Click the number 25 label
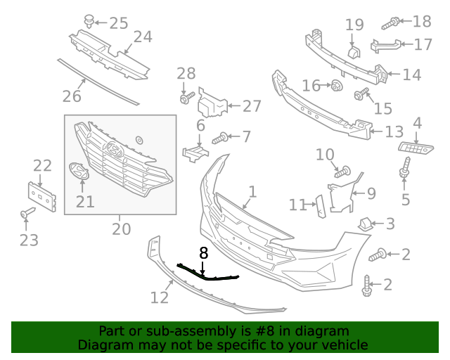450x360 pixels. [118, 23]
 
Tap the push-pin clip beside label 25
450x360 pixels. [89, 21]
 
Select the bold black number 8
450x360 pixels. [204, 253]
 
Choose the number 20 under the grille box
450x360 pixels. [121, 229]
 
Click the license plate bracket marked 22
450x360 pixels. [41, 196]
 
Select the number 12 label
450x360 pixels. [160, 297]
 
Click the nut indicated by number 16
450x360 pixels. [336, 86]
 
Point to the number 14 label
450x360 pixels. [411, 75]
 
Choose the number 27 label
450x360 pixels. [252, 106]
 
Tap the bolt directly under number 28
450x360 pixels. [185, 99]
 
